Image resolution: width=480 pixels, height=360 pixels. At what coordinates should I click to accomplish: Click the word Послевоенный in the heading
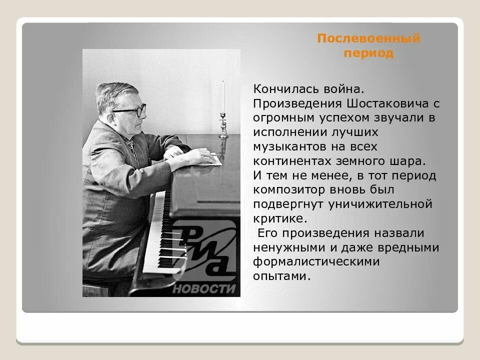pyautogui.click(x=368, y=38)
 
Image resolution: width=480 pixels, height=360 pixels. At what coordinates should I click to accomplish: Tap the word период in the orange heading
pyautogui.click(x=368, y=53)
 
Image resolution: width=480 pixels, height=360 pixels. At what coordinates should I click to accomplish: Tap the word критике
pyautogui.click(x=278, y=218)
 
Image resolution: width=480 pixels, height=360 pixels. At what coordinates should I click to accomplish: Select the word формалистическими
pyautogui.click(x=316, y=261)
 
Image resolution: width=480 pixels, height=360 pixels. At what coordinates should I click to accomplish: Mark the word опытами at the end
pyautogui.click(x=278, y=276)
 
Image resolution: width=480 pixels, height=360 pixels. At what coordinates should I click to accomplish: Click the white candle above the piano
pyautogui.click(x=223, y=97)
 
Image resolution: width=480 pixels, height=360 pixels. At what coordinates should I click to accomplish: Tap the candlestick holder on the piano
pyautogui.click(x=223, y=125)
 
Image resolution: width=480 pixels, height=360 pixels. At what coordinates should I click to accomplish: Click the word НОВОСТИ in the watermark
pyautogui.click(x=203, y=289)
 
